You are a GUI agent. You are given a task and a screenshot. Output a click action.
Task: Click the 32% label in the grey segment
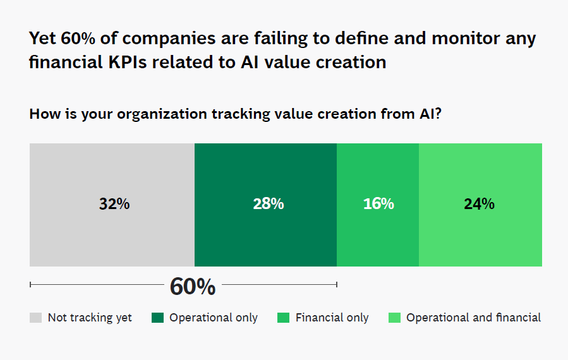pos(114,205)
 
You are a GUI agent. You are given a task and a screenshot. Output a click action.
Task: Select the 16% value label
pos(378,205)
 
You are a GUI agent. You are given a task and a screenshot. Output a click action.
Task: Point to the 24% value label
pos(479,205)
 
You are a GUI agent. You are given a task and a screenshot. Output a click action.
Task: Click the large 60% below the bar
pos(193,287)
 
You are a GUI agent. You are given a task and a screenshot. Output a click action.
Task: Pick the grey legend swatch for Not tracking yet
pos(35,318)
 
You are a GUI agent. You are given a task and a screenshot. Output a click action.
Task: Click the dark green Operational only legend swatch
pos(157,318)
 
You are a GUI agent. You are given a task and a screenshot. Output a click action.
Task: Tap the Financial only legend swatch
pos(283,318)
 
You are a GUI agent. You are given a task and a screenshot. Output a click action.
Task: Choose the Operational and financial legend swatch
pos(394,318)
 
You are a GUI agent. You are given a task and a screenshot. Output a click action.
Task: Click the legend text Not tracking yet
pos(90,318)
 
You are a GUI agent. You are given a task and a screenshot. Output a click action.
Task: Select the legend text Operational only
pos(213,318)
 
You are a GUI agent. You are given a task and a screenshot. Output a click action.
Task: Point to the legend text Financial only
pos(332,318)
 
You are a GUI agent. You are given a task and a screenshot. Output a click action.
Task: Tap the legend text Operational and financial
pos(473,318)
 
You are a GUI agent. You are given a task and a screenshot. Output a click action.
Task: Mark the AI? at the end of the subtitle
pos(429,115)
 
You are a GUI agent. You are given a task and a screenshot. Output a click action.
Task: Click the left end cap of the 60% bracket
pos(30,285)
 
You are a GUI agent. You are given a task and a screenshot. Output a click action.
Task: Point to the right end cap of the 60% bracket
pos(336,285)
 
